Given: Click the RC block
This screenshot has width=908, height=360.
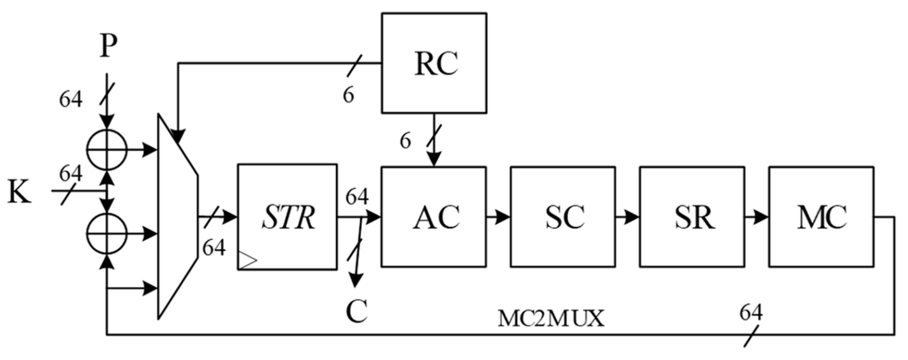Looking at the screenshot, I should (x=434, y=63).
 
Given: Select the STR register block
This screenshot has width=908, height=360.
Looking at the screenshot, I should (x=287, y=217).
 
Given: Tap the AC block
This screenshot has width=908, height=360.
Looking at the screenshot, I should (x=434, y=217).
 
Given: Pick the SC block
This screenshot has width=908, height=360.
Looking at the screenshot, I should (x=563, y=217).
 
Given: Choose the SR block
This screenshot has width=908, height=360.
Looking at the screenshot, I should (x=692, y=217).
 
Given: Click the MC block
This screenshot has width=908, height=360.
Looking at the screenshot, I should (x=821, y=217).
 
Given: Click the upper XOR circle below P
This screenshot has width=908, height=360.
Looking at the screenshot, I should (x=107, y=150).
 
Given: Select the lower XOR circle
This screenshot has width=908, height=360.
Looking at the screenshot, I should (x=107, y=234).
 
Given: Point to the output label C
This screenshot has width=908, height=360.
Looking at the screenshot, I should (x=356, y=312).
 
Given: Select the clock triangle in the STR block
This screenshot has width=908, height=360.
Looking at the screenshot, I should (x=247, y=260).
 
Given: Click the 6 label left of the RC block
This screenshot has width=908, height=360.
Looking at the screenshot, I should (x=349, y=95).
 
